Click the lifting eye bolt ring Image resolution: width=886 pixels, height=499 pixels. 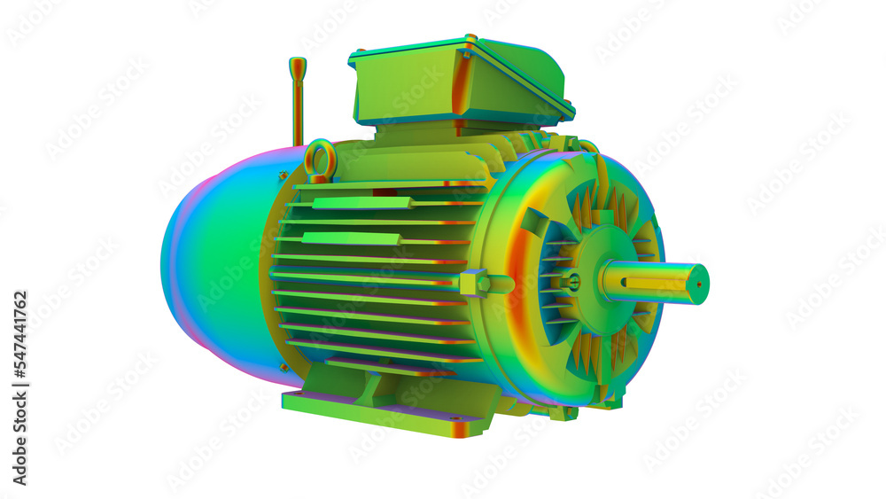click(x=320, y=160)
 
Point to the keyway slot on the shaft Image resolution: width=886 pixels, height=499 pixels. click(x=656, y=284)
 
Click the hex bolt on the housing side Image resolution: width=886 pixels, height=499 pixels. click(x=473, y=284)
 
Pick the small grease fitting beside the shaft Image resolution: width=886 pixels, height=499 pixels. click(x=574, y=282)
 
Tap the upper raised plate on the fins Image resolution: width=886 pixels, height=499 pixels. click(x=361, y=203)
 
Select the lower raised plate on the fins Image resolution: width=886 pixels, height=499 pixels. click(x=351, y=238)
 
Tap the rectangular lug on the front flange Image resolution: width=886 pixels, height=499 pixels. click(x=535, y=222)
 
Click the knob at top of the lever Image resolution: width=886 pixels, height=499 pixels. click(x=298, y=64)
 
